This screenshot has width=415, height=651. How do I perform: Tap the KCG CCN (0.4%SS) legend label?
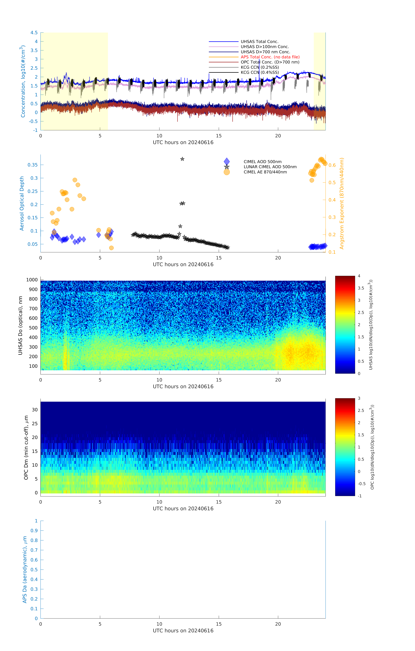pos(260,72)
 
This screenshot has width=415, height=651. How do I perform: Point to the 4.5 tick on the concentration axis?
pos(34,33)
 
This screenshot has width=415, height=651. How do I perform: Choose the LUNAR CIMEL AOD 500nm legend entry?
pos(270,167)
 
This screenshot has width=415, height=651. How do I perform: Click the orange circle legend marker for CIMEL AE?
pos(227,172)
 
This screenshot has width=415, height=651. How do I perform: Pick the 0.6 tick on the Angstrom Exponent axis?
pos(332,165)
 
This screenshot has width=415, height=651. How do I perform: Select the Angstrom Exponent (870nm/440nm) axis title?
pos(342,203)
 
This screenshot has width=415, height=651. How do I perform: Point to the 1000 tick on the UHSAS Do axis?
pos(32,280)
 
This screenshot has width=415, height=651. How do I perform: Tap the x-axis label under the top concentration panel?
pos(183,142)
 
